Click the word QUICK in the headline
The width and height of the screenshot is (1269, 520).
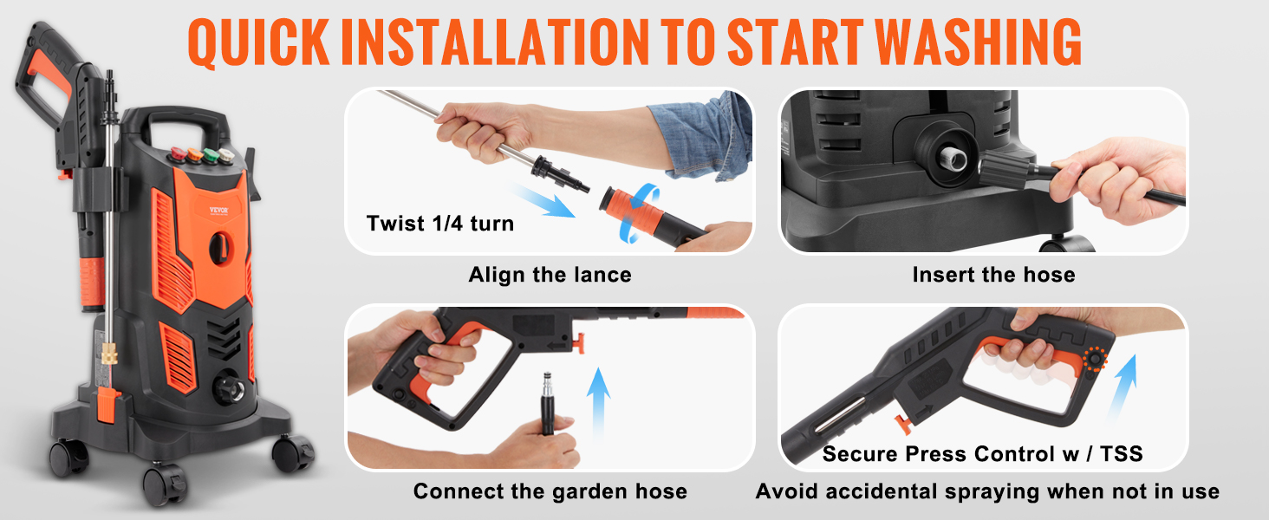coord(258,43)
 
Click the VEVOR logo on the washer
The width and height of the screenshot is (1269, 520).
coord(218,210)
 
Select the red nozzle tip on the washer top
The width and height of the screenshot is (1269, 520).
coord(179,153)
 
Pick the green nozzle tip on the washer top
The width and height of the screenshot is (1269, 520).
coord(211,154)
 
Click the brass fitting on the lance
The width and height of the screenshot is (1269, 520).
coord(109,354)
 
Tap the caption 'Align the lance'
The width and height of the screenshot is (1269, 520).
coord(550,275)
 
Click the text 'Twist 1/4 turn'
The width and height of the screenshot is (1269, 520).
coord(440,224)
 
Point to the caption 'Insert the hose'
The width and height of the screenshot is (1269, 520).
coord(993,275)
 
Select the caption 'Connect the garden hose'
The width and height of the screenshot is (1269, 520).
coord(550,491)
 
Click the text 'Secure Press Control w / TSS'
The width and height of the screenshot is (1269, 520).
coord(982,454)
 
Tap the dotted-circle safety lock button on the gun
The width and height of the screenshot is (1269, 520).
coord(1095,359)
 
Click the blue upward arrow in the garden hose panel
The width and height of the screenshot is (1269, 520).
coord(598,402)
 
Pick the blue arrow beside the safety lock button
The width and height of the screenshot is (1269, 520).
coord(1123,388)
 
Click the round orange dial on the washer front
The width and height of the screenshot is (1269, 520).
coord(220,248)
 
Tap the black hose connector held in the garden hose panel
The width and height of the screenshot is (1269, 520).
coord(547,402)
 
